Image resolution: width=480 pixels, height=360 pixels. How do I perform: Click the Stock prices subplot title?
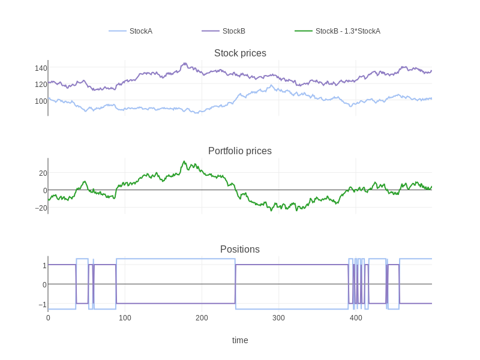tap(240, 53)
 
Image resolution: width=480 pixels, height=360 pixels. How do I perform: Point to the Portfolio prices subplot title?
tap(240, 151)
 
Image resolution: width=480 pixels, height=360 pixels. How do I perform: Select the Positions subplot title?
tap(240, 250)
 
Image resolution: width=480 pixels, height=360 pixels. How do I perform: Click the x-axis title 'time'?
tap(240, 340)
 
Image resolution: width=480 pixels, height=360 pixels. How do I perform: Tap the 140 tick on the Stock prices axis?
tap(41, 68)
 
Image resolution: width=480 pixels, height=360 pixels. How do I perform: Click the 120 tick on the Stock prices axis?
tap(41, 85)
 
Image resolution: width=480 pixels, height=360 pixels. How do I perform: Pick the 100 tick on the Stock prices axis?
tap(41, 101)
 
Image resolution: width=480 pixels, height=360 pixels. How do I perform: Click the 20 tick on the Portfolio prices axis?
tap(43, 173)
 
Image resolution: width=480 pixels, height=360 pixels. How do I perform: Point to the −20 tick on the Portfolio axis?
tap(41, 208)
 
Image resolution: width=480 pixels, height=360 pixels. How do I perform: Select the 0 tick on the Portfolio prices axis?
tap(44, 191)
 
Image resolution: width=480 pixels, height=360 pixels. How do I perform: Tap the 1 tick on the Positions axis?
tap(44, 266)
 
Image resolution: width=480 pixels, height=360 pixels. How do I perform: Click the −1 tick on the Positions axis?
tap(43, 305)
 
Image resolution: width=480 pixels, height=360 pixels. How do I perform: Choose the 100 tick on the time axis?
tap(125, 318)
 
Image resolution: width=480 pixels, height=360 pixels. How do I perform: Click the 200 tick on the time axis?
tap(202, 318)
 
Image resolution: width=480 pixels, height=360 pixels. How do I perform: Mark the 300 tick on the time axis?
tap(278, 318)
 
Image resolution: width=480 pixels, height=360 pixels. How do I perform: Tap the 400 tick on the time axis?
tap(356, 318)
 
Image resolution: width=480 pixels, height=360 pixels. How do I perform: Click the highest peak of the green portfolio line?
tap(184, 161)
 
